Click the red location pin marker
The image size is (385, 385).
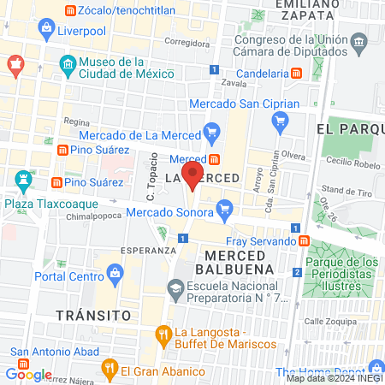click(193, 177)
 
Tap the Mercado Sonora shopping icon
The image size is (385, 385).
click(225, 207)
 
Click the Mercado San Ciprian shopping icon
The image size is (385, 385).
click(278, 121)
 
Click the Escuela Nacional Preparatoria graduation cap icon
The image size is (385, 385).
click(175, 289)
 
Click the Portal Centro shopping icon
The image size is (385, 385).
click(115, 275)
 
